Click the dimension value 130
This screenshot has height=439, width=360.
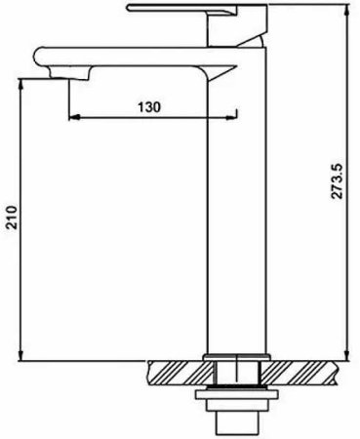149,104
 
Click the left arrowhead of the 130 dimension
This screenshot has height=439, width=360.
71,119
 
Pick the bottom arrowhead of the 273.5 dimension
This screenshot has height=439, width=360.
348,356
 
